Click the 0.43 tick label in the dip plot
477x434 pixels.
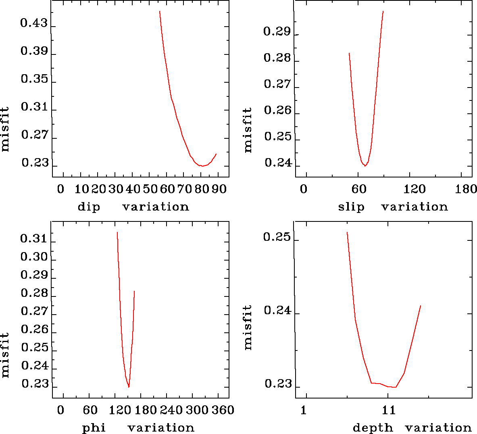(x=34, y=23)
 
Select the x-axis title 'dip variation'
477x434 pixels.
(x=133, y=207)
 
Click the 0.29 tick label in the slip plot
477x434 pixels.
(x=277, y=31)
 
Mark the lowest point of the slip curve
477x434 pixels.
(x=365, y=166)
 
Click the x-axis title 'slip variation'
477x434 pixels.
(x=393, y=207)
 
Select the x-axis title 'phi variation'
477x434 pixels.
(x=138, y=428)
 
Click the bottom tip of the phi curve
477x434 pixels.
(x=129, y=387)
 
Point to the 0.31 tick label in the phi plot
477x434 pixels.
(x=34, y=238)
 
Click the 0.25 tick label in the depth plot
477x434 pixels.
(x=277, y=237)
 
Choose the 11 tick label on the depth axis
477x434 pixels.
(x=389, y=411)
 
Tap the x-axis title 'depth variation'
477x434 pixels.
(x=412, y=428)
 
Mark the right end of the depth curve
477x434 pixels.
(x=421, y=306)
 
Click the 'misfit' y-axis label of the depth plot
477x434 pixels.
(x=248, y=327)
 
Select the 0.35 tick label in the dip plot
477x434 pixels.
(x=34, y=79)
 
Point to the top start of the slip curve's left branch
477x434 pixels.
(x=349, y=53)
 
